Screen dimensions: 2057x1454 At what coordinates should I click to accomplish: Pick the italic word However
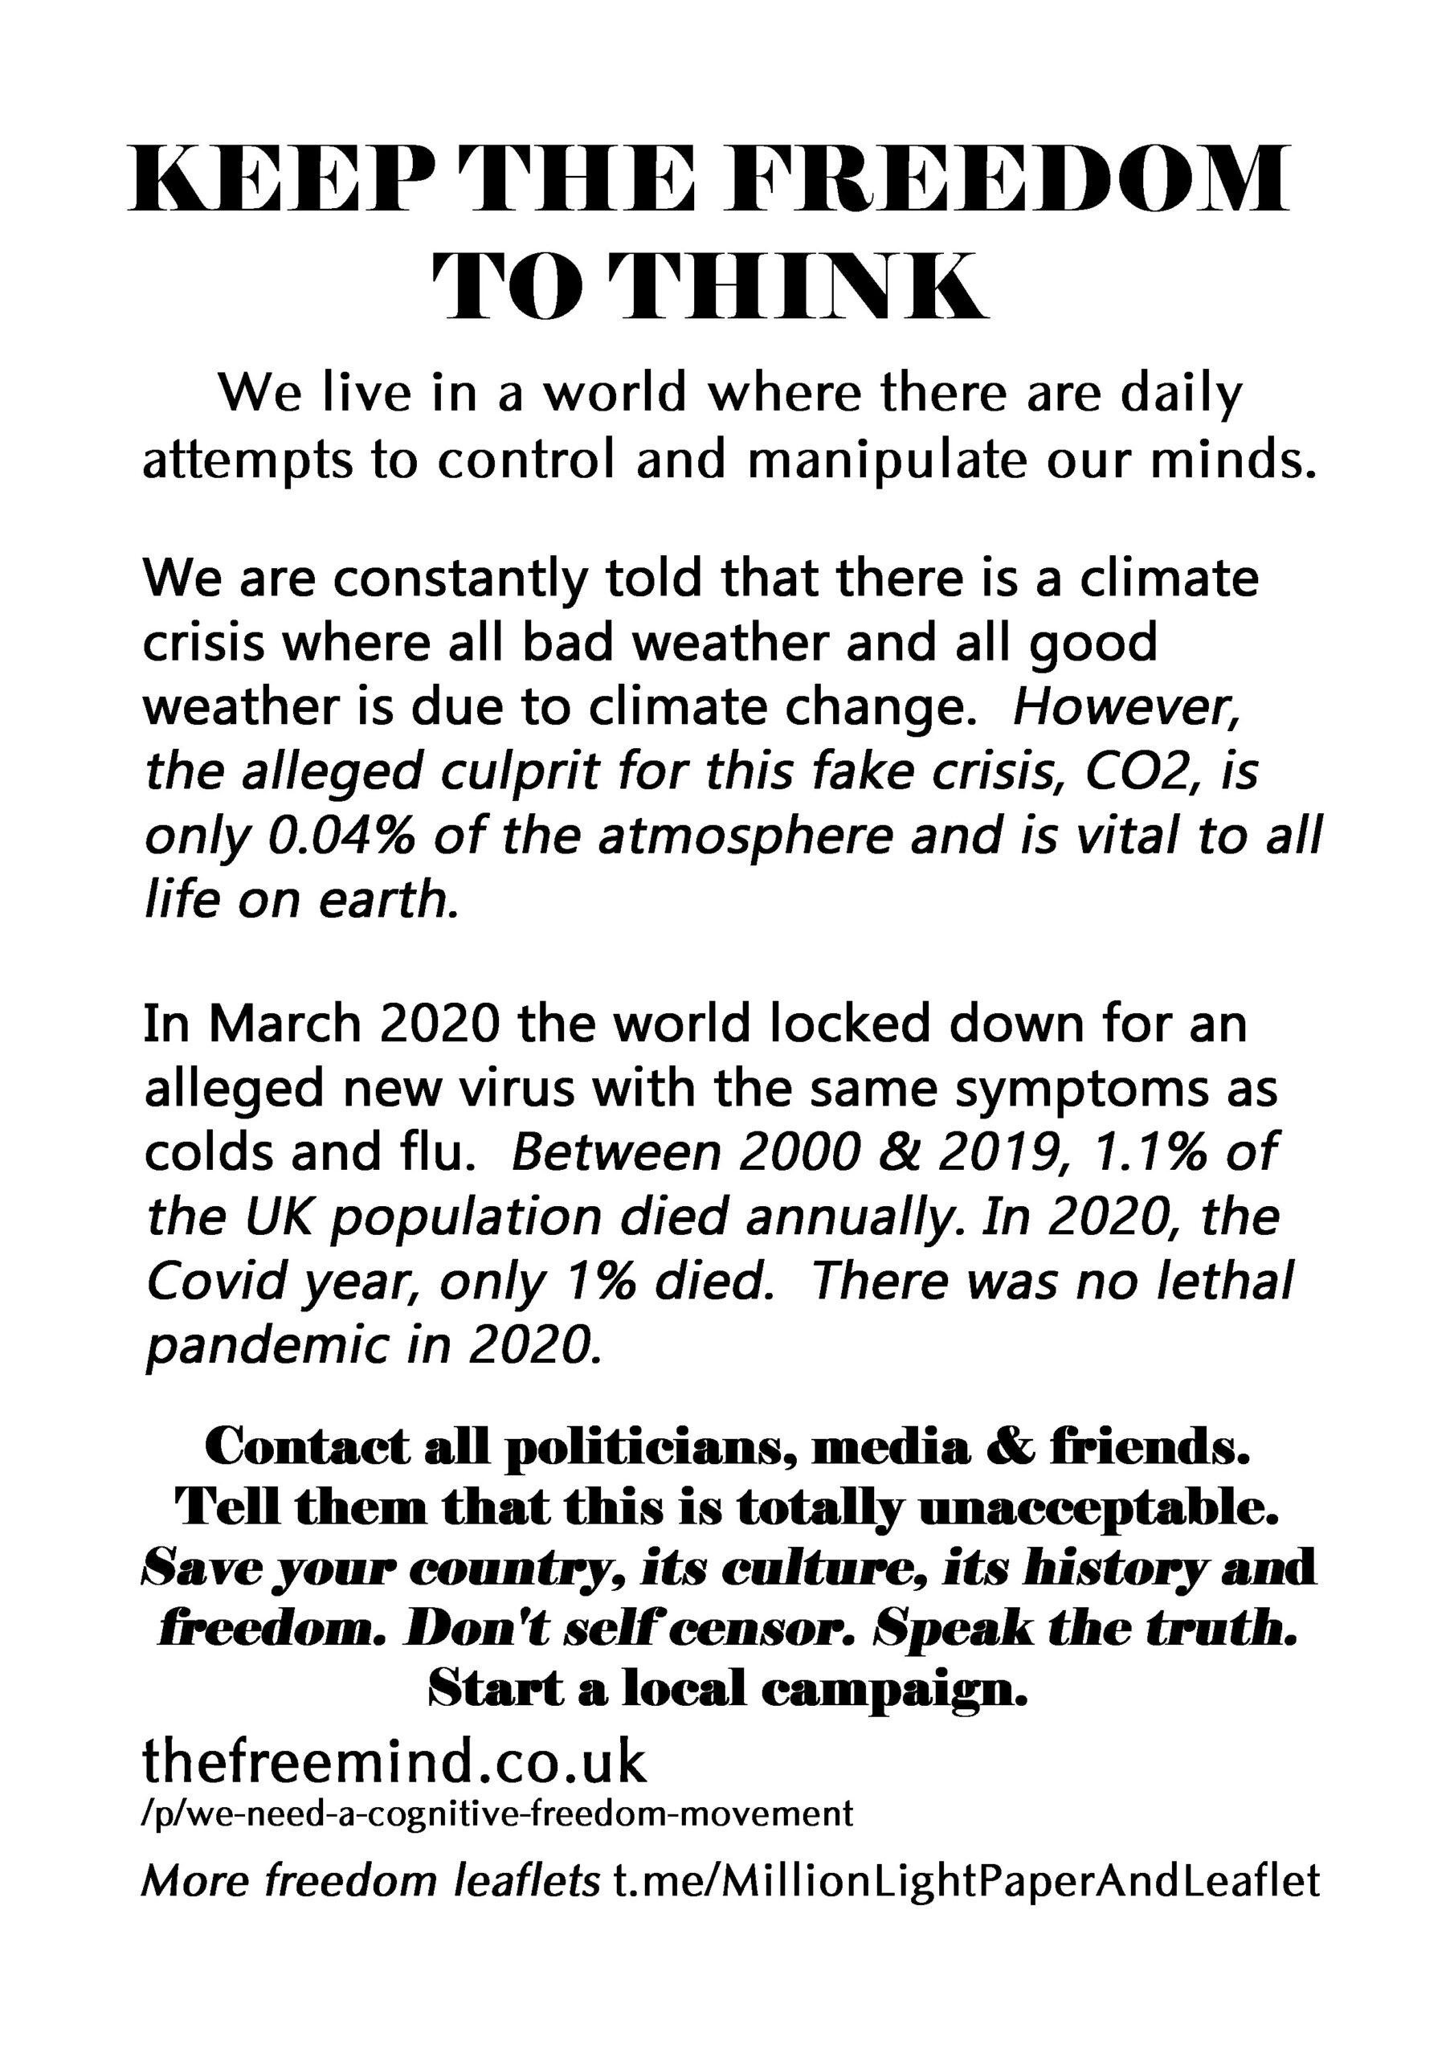coord(1125,708)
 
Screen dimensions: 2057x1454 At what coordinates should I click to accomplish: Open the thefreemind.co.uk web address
coord(394,1761)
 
